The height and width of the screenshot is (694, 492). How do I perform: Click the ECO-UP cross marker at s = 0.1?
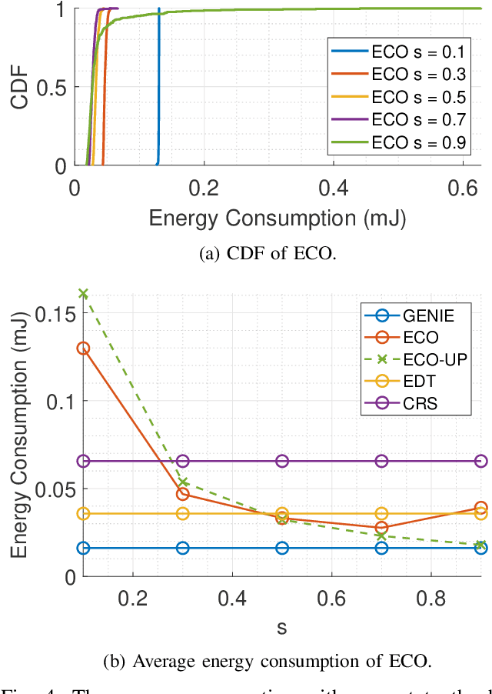tap(83, 293)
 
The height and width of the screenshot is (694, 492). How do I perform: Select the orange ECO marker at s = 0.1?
tap(83, 348)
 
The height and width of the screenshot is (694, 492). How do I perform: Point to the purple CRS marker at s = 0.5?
tap(282, 461)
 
